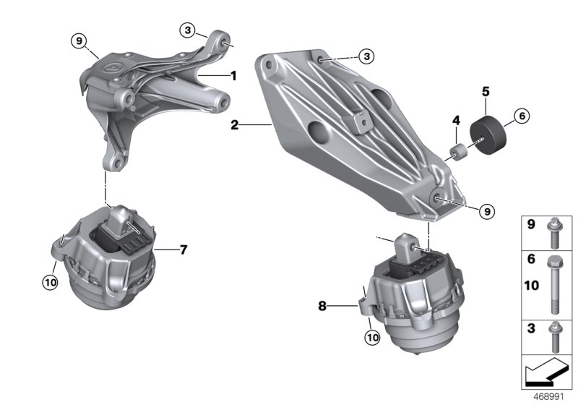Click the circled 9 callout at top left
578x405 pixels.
(78, 40)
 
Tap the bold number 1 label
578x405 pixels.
(233, 74)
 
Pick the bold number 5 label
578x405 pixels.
(486, 92)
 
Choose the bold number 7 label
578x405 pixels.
(183, 250)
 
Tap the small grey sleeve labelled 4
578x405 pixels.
(457, 153)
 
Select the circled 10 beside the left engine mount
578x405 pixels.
(50, 282)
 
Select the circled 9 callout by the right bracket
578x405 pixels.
(486, 210)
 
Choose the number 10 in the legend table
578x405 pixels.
(531, 286)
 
